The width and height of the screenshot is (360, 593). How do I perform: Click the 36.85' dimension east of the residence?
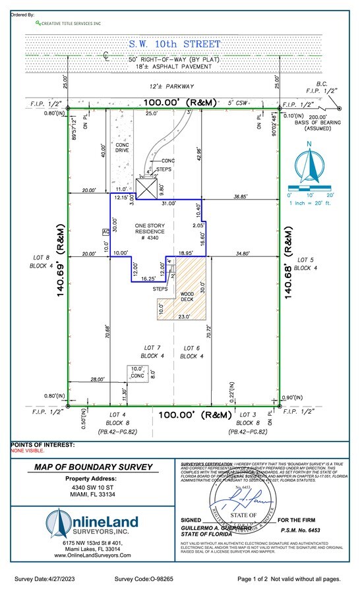pyautogui.click(x=242, y=196)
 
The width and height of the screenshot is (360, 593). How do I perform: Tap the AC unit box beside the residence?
pyautogui.click(x=105, y=232)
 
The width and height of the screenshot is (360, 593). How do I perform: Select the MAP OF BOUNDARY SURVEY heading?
pyautogui.click(x=92, y=467)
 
